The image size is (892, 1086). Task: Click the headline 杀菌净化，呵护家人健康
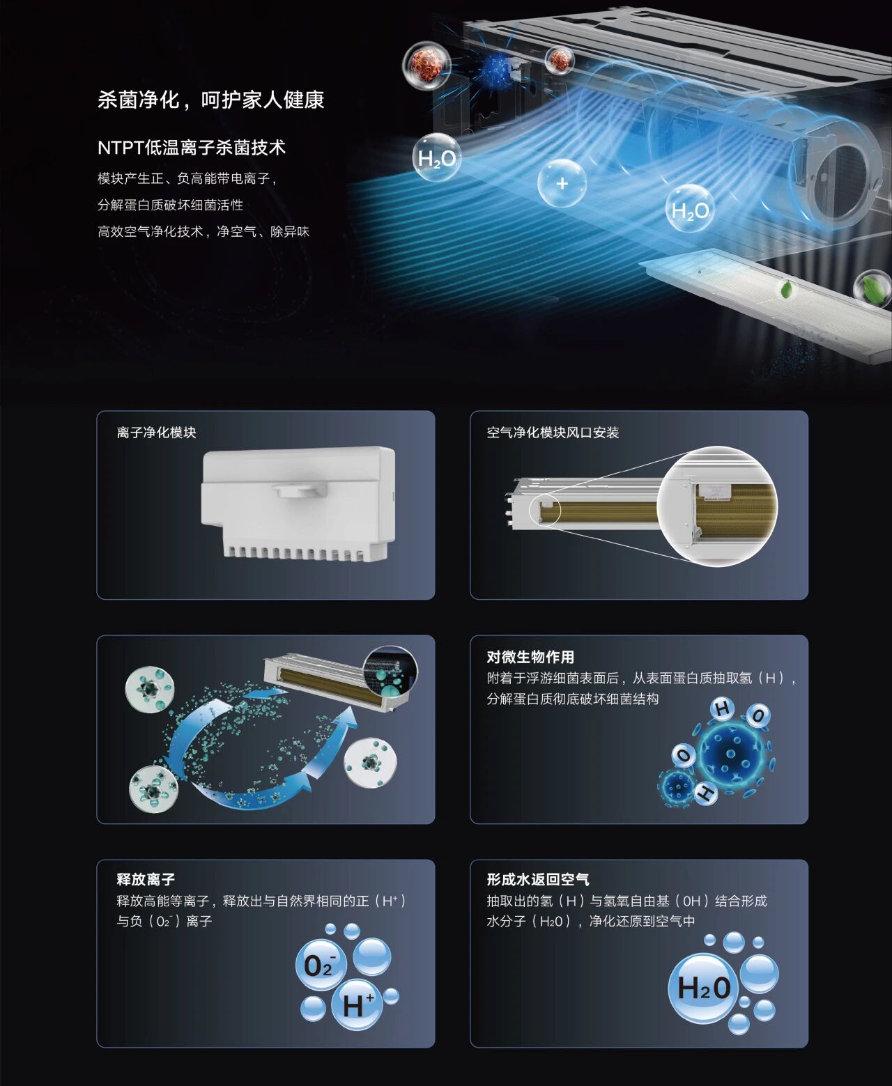[210, 100]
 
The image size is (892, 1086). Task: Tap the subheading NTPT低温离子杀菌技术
[192, 148]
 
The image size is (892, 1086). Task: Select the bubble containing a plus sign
[562, 183]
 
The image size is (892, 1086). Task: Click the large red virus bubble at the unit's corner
[427, 65]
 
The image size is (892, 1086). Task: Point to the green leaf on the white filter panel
[786, 288]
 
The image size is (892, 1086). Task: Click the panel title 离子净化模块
[157, 433]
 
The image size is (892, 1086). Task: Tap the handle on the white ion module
[300, 489]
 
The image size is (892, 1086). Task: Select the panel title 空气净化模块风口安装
[553, 433]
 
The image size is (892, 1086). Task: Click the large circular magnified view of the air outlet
[717, 506]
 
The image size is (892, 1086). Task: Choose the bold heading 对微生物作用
[530, 657]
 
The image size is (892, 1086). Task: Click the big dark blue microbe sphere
[730, 754]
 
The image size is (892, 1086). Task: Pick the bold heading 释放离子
[146, 880]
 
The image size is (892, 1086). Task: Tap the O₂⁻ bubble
[321, 965]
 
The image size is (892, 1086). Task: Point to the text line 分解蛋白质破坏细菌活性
[170, 205]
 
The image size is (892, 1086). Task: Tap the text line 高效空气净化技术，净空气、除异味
[203, 232]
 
